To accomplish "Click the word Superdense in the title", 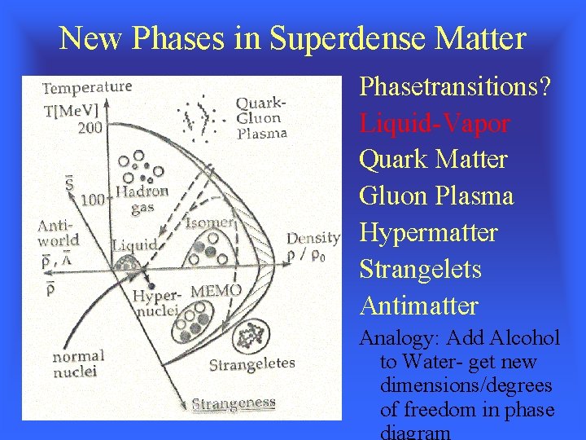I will (x=349, y=37).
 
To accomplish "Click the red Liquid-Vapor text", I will (x=435, y=123).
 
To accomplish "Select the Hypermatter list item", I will (x=428, y=233).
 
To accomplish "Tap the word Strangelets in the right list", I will (x=420, y=270).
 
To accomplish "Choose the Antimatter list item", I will (x=418, y=306).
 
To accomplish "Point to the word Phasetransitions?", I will (x=455, y=86).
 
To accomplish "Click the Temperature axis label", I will (x=87, y=87).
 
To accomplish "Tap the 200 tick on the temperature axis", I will (x=90, y=127).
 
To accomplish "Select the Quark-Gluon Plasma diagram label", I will (x=261, y=118).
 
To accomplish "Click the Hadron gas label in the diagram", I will (x=142, y=199).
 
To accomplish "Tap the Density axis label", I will (x=313, y=238).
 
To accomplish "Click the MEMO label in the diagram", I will (x=216, y=291).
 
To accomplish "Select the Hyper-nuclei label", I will (x=156, y=304).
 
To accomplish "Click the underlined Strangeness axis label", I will (x=234, y=403).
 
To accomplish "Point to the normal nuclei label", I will (x=78, y=363).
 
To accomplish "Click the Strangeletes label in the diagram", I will (x=251, y=364).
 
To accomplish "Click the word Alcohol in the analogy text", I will (x=520, y=337).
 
